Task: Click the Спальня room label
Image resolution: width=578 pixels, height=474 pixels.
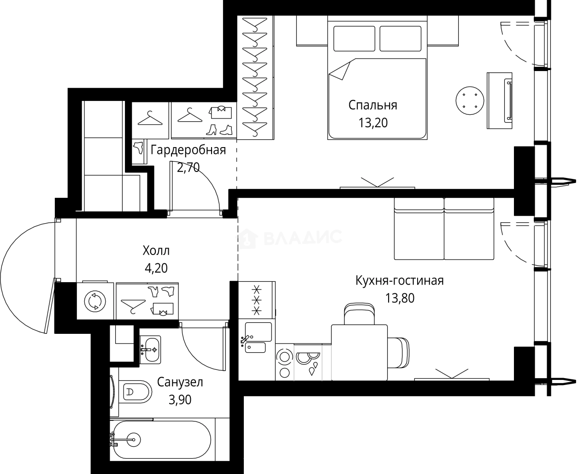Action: pyautogui.click(x=373, y=106)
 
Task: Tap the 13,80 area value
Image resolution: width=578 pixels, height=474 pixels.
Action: pyautogui.click(x=400, y=298)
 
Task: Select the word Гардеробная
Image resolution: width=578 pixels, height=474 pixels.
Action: pyautogui.click(x=188, y=150)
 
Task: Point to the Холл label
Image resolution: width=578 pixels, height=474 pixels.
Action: pyautogui.click(x=156, y=250)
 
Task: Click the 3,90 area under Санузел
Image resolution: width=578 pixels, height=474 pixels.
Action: pyautogui.click(x=180, y=400)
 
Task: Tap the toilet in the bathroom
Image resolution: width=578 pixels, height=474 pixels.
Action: pyautogui.click(x=136, y=391)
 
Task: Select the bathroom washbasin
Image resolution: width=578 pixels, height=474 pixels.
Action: pyautogui.click(x=150, y=350)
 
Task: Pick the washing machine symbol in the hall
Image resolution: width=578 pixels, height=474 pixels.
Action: pyautogui.click(x=95, y=301)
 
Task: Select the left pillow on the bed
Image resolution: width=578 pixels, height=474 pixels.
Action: pyautogui.click(x=354, y=38)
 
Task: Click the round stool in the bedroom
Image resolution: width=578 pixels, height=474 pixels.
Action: pyautogui.click(x=470, y=101)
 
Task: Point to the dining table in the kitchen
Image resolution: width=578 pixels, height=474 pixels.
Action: pyautogui.click(x=360, y=353)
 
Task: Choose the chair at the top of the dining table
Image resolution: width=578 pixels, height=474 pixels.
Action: pyautogui.click(x=360, y=314)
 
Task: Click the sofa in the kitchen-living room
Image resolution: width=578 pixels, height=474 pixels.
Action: pyautogui.click(x=444, y=229)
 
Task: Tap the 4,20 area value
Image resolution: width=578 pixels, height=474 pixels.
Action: pyautogui.click(x=156, y=268)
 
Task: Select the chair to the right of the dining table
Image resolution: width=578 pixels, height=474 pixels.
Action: pyautogui.click(x=398, y=353)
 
